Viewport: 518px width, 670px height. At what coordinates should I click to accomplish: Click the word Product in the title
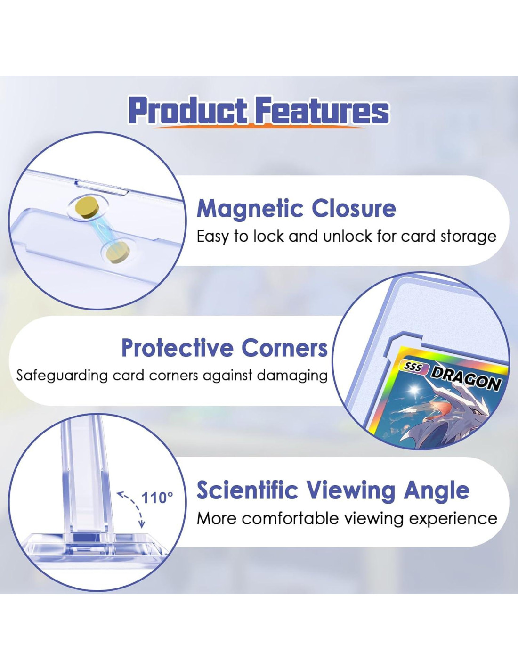click(x=188, y=110)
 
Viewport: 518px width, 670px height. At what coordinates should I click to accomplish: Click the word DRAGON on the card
click(x=465, y=379)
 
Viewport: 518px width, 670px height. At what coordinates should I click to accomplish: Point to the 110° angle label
click(x=157, y=498)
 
